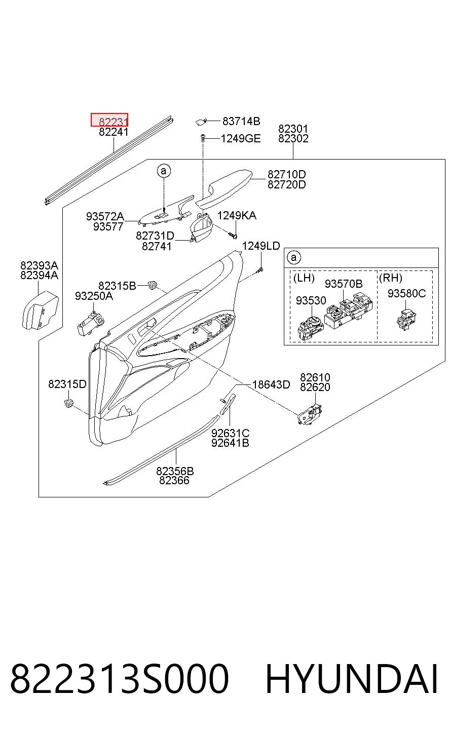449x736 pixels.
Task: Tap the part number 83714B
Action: tap(241, 121)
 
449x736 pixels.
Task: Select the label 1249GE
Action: tap(241, 139)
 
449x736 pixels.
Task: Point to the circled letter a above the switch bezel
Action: tap(164, 171)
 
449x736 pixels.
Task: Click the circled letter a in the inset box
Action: tap(294, 257)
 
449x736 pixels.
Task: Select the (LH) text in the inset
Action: tap(304, 278)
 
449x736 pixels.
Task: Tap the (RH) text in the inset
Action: tap(391, 278)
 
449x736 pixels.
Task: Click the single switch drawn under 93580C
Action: tap(406, 319)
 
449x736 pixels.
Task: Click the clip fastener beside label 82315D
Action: tap(69, 403)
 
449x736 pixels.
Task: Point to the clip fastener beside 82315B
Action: tap(152, 285)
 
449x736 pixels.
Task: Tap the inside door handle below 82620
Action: tap(309, 414)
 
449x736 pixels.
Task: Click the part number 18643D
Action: tap(271, 384)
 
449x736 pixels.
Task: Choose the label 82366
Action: tap(174, 480)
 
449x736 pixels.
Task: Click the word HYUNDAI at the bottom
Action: tap(351, 679)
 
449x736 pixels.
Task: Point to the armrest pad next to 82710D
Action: tap(223, 188)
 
